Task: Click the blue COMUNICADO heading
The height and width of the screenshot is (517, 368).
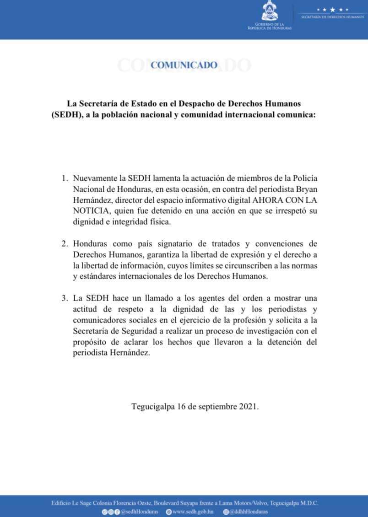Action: pos(184,65)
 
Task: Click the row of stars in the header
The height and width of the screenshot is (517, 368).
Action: pos(333,9)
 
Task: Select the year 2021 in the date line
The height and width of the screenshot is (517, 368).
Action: pos(248,406)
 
